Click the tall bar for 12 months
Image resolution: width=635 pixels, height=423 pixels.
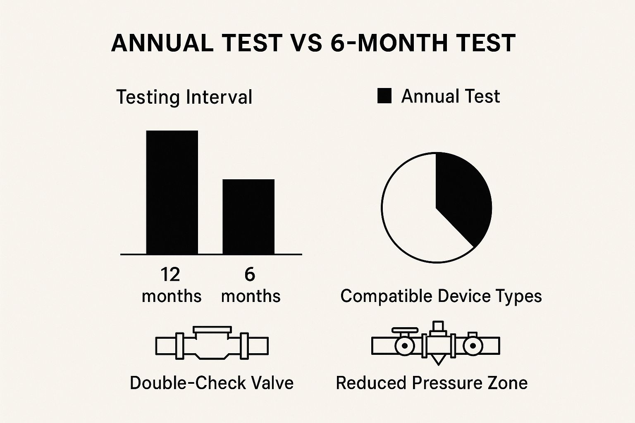pyautogui.click(x=172, y=192)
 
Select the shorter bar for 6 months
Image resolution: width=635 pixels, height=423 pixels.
pyautogui.click(x=248, y=216)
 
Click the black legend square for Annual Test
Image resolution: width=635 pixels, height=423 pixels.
pyautogui.click(x=384, y=96)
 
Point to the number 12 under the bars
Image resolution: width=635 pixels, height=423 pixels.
pyautogui.click(x=170, y=275)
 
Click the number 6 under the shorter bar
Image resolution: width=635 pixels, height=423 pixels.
pyautogui.click(x=250, y=275)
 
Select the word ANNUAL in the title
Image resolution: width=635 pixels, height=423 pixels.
pyautogui.click(x=162, y=43)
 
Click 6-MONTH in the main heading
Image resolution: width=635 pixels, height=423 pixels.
pyautogui.click(x=385, y=43)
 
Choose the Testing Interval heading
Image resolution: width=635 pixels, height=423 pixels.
pyautogui.click(x=184, y=97)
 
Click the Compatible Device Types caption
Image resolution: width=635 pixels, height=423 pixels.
pyautogui.click(x=441, y=296)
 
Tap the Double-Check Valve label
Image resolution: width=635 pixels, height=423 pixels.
pyautogui.click(x=212, y=383)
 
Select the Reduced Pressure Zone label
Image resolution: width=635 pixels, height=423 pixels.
pyautogui.click(x=432, y=383)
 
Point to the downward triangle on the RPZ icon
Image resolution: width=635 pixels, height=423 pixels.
pyautogui.click(x=438, y=360)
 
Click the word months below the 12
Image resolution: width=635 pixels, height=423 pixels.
pyautogui.click(x=172, y=296)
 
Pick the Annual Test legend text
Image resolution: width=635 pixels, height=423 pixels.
pyautogui.click(x=450, y=96)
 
